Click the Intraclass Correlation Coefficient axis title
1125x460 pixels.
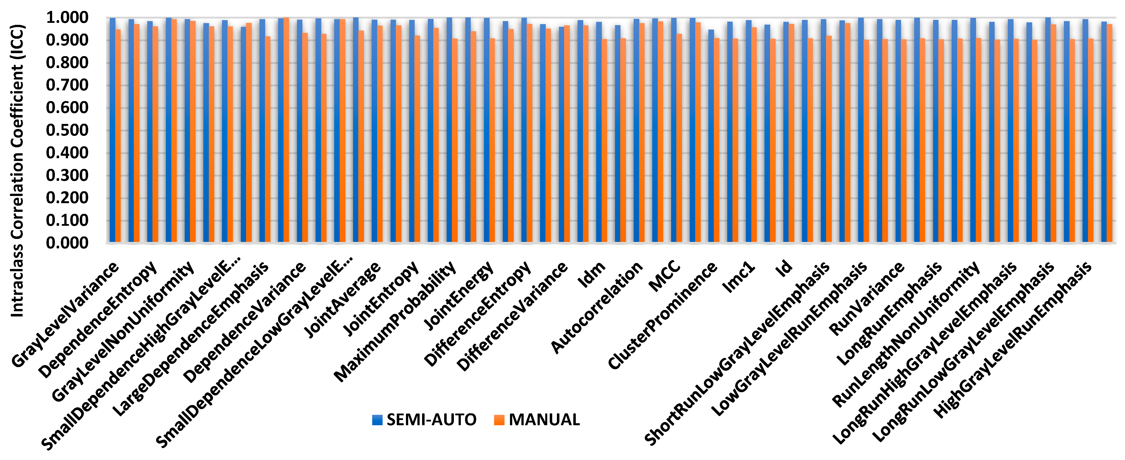[17, 170]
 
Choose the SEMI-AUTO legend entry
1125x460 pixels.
[424, 420]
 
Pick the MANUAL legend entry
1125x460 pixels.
[537, 420]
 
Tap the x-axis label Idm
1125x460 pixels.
[591, 275]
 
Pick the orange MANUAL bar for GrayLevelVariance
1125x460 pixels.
[118, 135]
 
